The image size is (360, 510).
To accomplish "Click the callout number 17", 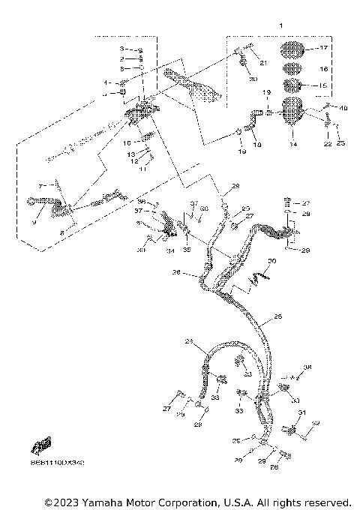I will point(324,48).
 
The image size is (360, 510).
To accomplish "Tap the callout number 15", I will point(324,85).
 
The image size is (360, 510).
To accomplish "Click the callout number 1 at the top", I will point(280,26).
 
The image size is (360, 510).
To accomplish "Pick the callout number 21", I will point(263,62).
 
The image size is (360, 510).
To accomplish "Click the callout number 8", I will point(62,234).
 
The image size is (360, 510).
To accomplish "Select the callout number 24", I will point(188,342).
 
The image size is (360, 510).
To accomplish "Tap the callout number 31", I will point(301,413).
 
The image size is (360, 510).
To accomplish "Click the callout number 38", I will point(307,367).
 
